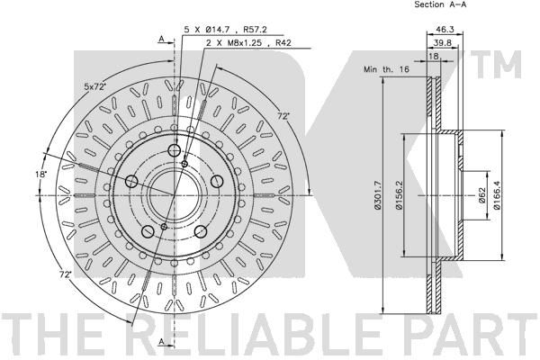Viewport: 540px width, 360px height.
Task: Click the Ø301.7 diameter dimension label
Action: click(x=378, y=195)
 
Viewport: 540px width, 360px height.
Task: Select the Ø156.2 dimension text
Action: click(x=399, y=195)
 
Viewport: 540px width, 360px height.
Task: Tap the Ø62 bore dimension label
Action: click(x=481, y=195)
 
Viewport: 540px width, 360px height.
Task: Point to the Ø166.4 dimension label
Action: click(x=496, y=195)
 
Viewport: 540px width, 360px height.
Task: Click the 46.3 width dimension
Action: click(x=445, y=30)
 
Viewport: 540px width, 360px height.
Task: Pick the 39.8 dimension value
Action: click(x=443, y=42)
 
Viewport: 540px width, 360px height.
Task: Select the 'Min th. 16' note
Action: click(x=386, y=69)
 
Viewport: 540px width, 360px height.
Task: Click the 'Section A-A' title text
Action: click(x=440, y=4)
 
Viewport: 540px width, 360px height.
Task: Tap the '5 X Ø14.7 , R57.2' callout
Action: click(x=226, y=30)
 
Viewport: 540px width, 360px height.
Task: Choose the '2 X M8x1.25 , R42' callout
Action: click(x=248, y=43)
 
